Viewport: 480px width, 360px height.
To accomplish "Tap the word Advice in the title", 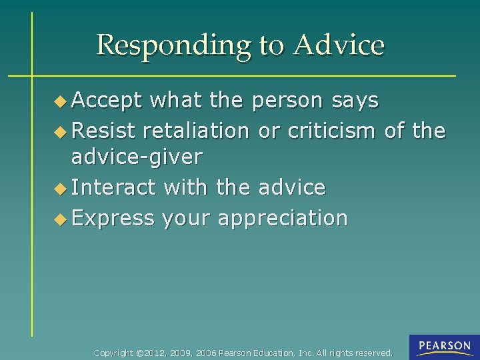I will tap(339, 45).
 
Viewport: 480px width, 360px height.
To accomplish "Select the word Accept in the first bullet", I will tap(107, 101).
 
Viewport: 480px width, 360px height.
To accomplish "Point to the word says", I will tap(355, 101).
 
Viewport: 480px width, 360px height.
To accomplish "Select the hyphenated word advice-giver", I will tap(137, 158).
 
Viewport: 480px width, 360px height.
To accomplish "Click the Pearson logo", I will tap(444, 347).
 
